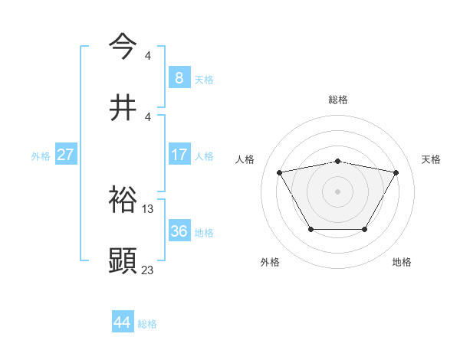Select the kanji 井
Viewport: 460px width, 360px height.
pos(123,106)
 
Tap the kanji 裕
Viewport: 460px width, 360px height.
pos(123,201)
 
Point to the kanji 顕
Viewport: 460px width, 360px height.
pos(123,261)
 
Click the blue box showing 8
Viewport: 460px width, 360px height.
pos(179,77)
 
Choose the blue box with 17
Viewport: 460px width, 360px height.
pos(179,155)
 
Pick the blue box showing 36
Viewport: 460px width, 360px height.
pos(179,231)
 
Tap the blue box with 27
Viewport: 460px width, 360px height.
pos(65,155)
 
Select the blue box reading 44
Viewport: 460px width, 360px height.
pos(123,322)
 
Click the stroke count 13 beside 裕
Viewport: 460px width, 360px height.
pos(148,208)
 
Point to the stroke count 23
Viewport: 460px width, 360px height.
pos(148,269)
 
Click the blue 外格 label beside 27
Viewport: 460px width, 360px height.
pos(41,155)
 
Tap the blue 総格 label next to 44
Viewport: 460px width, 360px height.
pos(147,323)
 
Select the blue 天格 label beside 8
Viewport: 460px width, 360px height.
pos(204,78)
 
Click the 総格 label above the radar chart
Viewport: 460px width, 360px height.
pos(337,100)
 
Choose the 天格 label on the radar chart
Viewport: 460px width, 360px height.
pos(431,159)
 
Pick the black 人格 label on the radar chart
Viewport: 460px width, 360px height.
pos(245,159)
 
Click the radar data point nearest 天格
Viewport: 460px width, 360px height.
pos(396,172)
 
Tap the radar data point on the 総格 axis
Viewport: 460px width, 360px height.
pos(337,162)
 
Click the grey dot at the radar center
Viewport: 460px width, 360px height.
pos(337,191)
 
